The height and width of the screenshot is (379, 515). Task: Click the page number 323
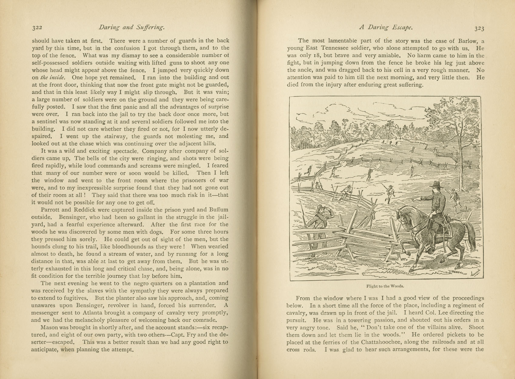(479, 29)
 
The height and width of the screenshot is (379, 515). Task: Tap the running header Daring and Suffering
(131, 28)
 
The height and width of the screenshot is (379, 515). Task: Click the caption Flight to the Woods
(385, 286)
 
